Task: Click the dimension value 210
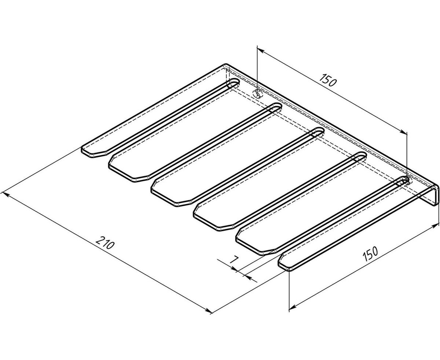[x=105, y=243]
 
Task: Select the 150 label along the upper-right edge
[x=328, y=80]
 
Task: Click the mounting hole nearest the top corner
[x=258, y=93]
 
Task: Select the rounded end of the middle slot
[x=318, y=132]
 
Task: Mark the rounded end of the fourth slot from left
[x=360, y=157]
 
